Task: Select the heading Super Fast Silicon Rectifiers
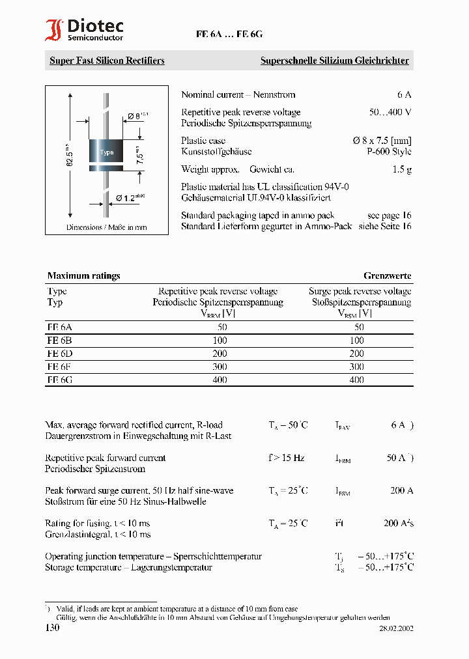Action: tap(107, 61)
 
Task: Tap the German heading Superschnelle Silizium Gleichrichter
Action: tap(334, 61)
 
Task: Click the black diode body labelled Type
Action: tap(106, 152)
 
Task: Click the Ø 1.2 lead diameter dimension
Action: tap(130, 197)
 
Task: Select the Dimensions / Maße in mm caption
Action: tap(106, 227)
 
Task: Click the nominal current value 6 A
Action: tap(404, 95)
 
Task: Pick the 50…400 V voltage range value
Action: tap(390, 112)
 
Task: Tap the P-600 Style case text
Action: tap(389, 152)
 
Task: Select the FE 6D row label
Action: tap(59, 353)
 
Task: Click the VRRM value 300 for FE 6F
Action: tap(220, 366)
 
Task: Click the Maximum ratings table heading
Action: tap(83, 276)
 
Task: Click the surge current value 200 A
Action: tap(401, 490)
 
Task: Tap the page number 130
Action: tap(52, 628)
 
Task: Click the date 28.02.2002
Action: tap(396, 628)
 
